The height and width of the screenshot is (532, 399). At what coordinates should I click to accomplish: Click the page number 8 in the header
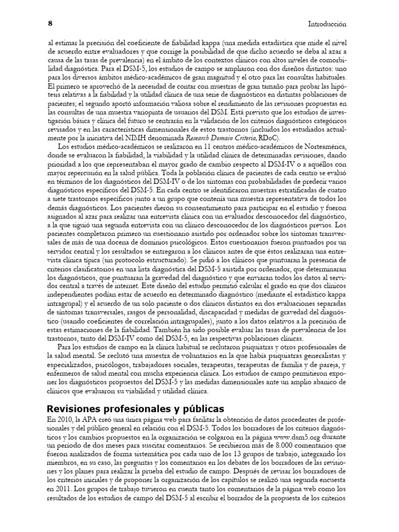[x=49, y=23]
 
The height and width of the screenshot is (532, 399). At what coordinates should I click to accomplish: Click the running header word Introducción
[x=327, y=24]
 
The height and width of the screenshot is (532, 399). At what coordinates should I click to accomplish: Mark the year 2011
[x=59, y=488]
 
